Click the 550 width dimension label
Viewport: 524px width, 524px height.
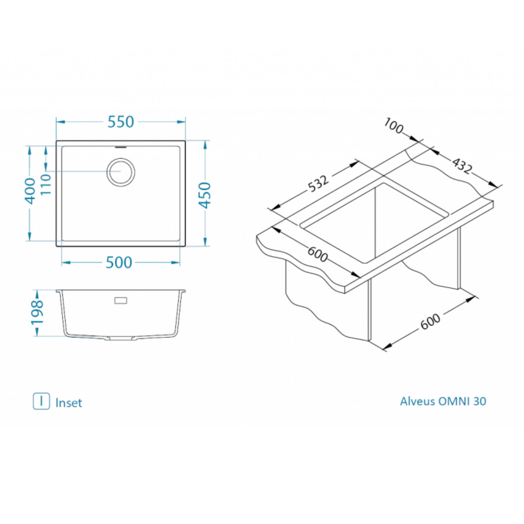click(121, 122)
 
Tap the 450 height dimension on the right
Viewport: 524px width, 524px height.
click(205, 195)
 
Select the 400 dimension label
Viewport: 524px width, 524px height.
click(30, 190)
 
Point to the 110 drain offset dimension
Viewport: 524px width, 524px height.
click(46, 184)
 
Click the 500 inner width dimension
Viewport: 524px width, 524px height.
click(119, 262)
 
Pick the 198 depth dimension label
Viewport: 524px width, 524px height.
click(37, 312)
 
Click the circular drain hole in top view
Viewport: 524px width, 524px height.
click(121, 172)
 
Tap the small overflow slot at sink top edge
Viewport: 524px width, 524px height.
click(121, 147)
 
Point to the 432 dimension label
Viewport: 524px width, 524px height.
click(461, 165)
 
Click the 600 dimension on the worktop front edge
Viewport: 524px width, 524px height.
click(318, 256)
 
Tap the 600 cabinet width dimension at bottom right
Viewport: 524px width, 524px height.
click(430, 321)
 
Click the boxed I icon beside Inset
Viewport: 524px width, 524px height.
click(41, 401)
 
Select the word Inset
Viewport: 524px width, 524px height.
click(69, 403)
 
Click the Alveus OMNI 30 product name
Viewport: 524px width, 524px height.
click(443, 401)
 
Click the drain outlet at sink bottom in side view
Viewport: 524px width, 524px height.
click(121, 339)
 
